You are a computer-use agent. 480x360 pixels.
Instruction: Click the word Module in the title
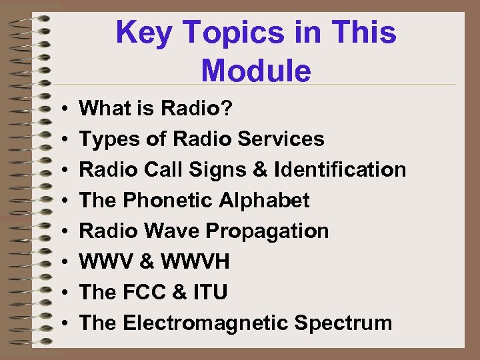255,71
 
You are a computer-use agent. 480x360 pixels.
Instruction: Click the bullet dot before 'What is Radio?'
61,109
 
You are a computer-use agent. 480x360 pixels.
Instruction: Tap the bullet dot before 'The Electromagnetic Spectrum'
61,323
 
